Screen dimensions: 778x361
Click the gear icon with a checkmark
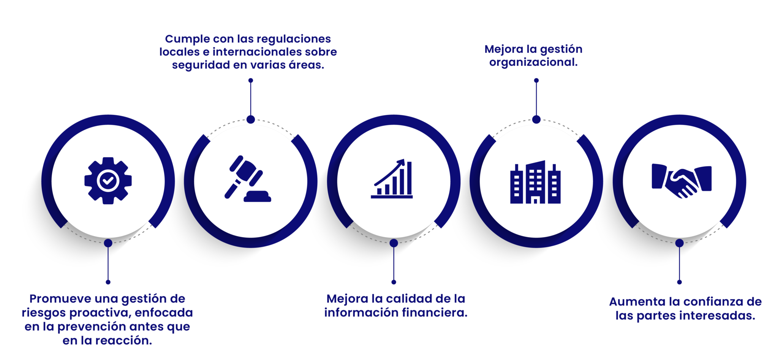click(108, 181)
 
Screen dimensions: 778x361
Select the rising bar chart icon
click(392, 178)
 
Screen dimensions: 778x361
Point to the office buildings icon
click(535, 182)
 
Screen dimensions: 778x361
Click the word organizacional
click(533, 62)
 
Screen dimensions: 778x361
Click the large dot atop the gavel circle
click(251, 120)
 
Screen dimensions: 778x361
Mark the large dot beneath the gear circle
click(108, 243)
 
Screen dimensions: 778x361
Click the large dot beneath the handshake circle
click(680, 243)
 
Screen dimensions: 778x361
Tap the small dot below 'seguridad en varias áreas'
click(251, 80)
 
